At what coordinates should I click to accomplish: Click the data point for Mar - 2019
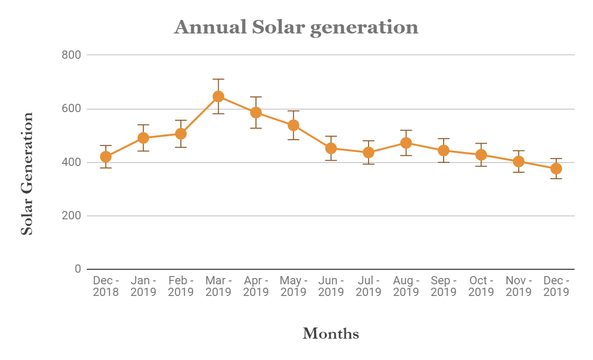tap(218, 97)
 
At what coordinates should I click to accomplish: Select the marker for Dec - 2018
tap(106, 157)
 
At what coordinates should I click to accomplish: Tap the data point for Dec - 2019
tap(556, 168)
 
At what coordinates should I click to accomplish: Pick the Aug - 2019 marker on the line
tap(406, 143)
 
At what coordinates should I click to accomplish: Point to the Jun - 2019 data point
tap(331, 148)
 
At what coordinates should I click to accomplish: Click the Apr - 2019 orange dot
tap(256, 113)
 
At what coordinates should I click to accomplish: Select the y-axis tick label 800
tap(71, 55)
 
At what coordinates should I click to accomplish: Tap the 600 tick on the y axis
tap(71, 109)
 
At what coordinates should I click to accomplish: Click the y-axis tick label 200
tap(71, 215)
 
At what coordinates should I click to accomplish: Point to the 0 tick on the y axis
tap(78, 269)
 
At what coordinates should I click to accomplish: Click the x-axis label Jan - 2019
tap(144, 286)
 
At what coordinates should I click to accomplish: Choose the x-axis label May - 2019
tap(293, 286)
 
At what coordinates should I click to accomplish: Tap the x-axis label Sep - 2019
tap(444, 286)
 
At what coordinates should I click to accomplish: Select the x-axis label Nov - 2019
tap(518, 286)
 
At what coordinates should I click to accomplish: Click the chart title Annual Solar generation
tap(296, 27)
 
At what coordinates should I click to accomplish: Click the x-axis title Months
tap(331, 334)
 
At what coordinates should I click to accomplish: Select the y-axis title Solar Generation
tap(28, 174)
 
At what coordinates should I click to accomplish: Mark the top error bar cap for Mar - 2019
tap(218, 79)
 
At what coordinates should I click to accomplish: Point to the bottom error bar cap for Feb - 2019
tap(181, 147)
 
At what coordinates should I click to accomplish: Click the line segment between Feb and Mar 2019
tap(200, 115)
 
